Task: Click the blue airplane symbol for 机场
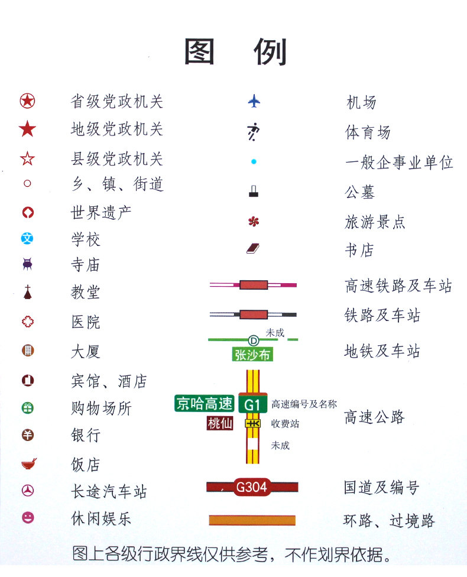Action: point(254,102)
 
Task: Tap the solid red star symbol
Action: point(27,129)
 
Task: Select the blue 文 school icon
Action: point(27,239)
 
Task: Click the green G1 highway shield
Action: point(253,404)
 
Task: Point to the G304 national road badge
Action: point(252,487)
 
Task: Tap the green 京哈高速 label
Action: point(205,403)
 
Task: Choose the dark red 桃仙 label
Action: point(220,423)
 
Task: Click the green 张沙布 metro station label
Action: point(253,355)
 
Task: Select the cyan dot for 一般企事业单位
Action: point(254,161)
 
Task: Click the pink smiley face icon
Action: point(28,518)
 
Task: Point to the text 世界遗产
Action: point(101,212)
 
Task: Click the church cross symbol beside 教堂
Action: point(28,291)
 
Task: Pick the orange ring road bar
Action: point(252,520)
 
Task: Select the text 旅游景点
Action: point(375,222)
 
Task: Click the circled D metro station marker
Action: point(254,340)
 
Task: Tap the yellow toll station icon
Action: point(253,423)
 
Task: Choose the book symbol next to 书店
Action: point(254,249)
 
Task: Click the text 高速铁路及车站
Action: point(398,286)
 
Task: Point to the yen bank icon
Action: point(28,435)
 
